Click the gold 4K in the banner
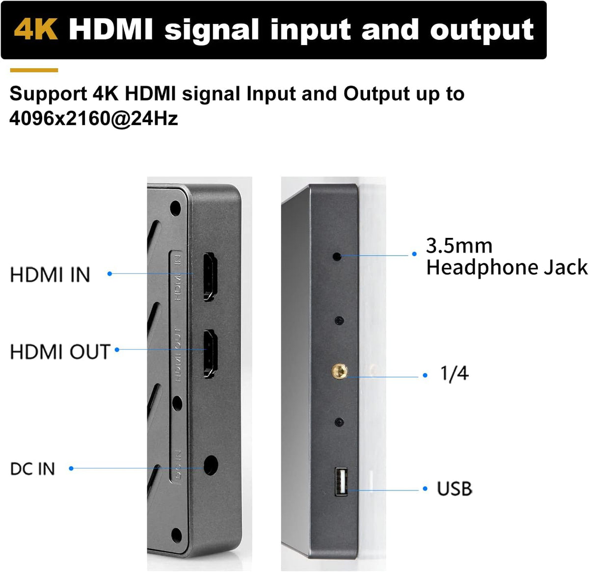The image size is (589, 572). click(36, 29)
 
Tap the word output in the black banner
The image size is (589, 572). click(482, 30)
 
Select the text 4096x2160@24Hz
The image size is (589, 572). click(94, 118)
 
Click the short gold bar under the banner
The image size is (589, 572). click(34, 70)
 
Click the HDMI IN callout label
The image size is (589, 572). click(50, 275)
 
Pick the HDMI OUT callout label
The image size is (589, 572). click(60, 352)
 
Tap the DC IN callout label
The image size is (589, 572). click(33, 469)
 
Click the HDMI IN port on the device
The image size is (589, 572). click(210, 277)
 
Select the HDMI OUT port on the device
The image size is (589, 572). click(211, 354)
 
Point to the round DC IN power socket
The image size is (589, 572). click(211, 465)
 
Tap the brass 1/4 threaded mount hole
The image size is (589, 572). click(340, 371)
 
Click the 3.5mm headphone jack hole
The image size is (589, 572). click(337, 257)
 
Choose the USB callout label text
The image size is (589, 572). click(455, 488)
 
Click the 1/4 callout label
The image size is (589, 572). click(455, 373)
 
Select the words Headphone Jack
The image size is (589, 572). click(507, 267)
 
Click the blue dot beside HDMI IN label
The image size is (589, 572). click(110, 274)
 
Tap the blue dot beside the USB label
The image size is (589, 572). click(425, 489)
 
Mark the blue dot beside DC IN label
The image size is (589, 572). click(71, 468)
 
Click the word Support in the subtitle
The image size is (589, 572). click(49, 94)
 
